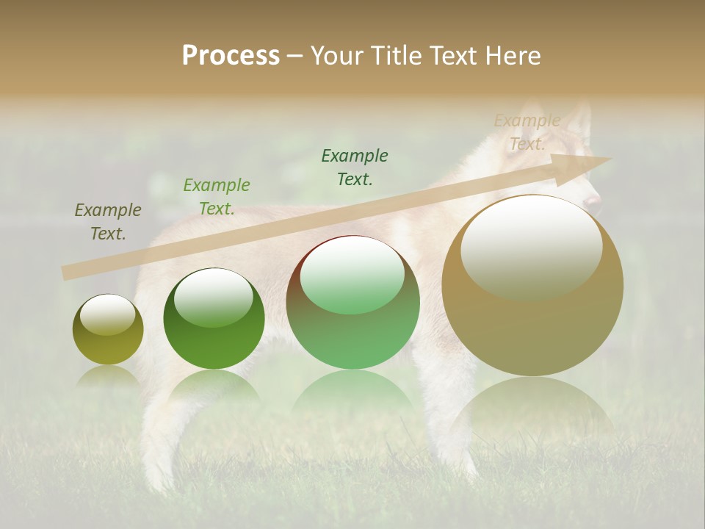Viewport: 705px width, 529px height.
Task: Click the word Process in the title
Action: (x=231, y=56)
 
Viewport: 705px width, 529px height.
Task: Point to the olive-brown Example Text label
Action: (x=108, y=222)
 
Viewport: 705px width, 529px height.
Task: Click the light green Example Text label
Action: (x=217, y=197)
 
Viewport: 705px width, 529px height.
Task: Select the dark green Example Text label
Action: (x=355, y=168)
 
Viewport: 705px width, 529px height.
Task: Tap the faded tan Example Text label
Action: (x=527, y=132)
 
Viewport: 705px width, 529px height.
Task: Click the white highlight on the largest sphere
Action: (x=531, y=246)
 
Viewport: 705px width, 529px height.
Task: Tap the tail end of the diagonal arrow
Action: (x=68, y=273)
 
